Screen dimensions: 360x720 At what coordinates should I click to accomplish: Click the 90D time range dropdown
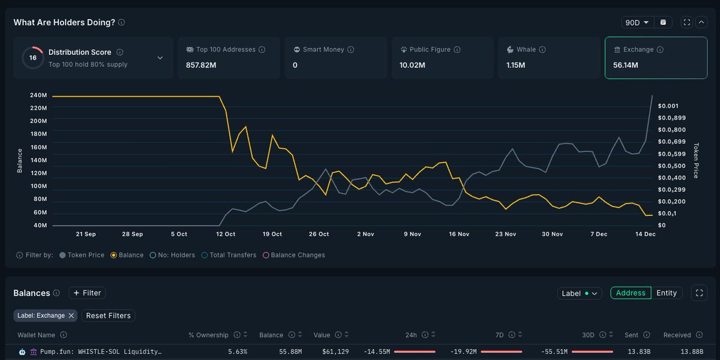click(x=637, y=22)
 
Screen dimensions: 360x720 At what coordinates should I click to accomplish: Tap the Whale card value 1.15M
click(x=516, y=65)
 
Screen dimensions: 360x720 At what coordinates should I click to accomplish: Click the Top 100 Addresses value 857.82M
click(x=201, y=65)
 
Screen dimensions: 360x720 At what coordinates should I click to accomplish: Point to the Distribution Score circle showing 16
click(x=32, y=58)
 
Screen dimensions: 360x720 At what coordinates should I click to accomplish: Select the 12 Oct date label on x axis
click(x=226, y=234)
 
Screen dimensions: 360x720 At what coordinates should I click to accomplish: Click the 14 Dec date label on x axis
click(x=646, y=234)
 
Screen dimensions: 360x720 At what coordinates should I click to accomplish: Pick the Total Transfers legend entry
click(x=232, y=255)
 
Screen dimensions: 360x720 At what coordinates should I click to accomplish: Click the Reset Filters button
click(x=108, y=316)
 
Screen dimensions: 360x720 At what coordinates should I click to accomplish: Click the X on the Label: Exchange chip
click(x=71, y=316)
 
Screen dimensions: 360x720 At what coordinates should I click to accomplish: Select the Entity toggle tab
click(x=666, y=293)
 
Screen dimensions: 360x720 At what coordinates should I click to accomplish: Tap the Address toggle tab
click(x=631, y=293)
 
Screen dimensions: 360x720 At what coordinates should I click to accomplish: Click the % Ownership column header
click(x=208, y=335)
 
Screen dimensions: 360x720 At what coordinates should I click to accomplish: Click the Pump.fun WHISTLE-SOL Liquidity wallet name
click(x=101, y=352)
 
